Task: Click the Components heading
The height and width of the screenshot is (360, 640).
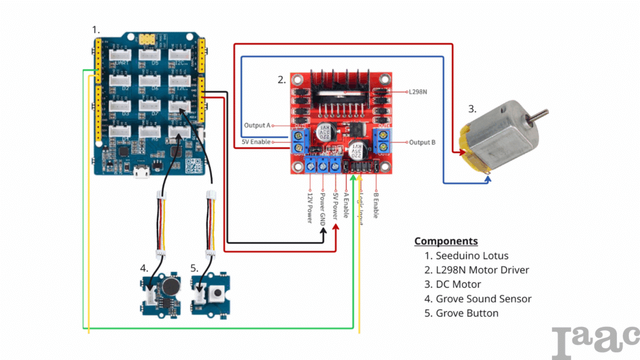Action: [x=446, y=241]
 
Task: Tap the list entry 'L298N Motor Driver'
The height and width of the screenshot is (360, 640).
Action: [x=482, y=270]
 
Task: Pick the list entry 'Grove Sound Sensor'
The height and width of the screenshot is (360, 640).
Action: [x=483, y=299]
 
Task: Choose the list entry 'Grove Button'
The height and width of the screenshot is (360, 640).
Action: [x=467, y=313]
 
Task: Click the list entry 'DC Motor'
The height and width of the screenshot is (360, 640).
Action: [x=458, y=284]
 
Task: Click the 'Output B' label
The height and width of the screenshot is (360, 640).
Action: [x=422, y=142]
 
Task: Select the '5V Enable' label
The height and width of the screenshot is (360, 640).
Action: [x=256, y=142]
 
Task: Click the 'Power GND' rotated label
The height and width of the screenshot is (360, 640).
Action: [x=322, y=206]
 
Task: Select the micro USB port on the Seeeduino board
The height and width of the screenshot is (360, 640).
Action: [x=142, y=173]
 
